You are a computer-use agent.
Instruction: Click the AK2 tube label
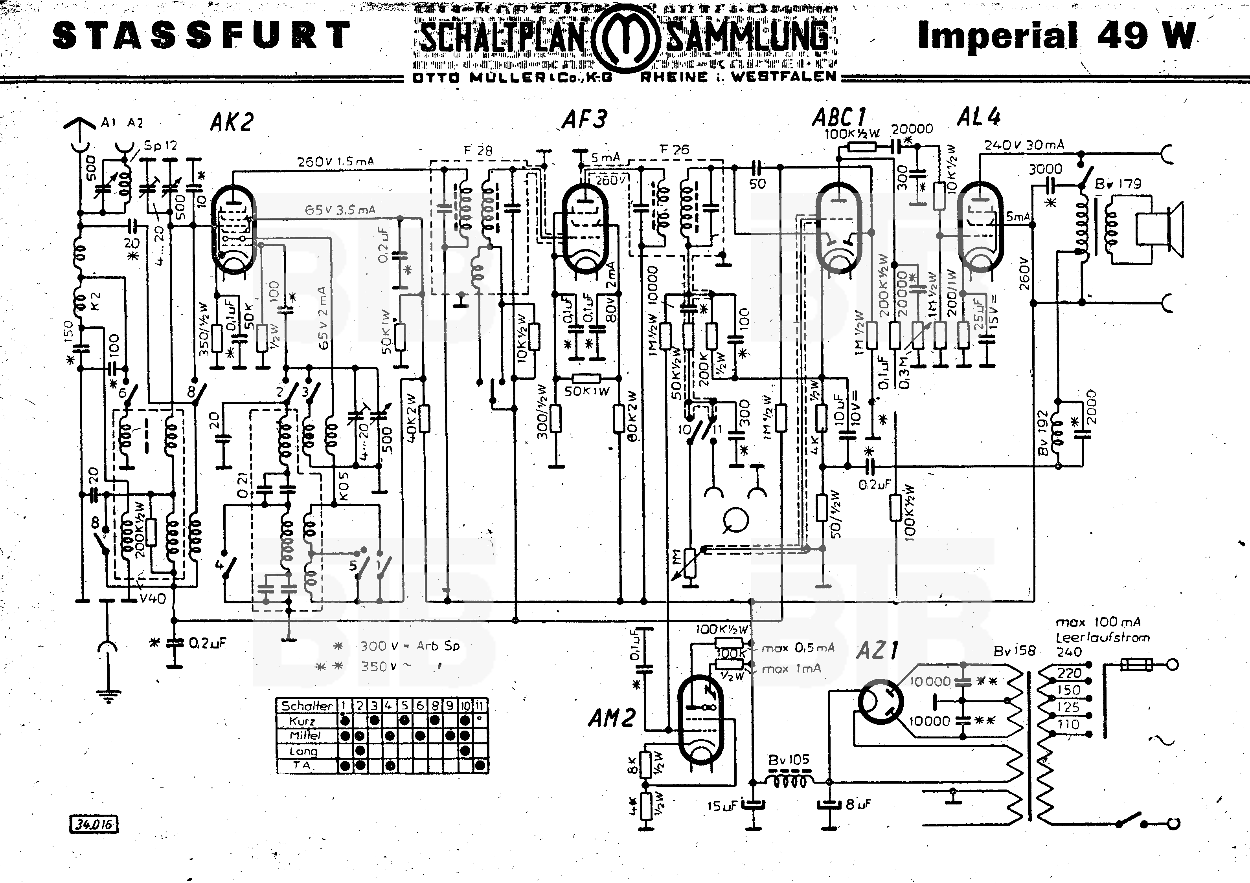click(232, 123)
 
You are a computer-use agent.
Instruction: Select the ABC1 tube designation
click(839, 117)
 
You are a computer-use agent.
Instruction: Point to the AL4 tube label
click(979, 116)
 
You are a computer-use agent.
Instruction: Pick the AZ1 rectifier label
click(877, 650)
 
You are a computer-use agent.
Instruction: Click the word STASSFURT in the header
click(201, 35)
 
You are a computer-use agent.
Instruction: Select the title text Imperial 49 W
click(1056, 35)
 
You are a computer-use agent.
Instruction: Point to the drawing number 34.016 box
click(94, 824)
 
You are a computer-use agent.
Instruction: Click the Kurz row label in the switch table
click(303, 721)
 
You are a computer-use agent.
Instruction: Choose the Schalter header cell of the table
click(307, 705)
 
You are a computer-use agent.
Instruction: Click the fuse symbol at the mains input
click(1136, 664)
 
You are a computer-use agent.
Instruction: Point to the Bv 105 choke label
click(789, 760)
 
